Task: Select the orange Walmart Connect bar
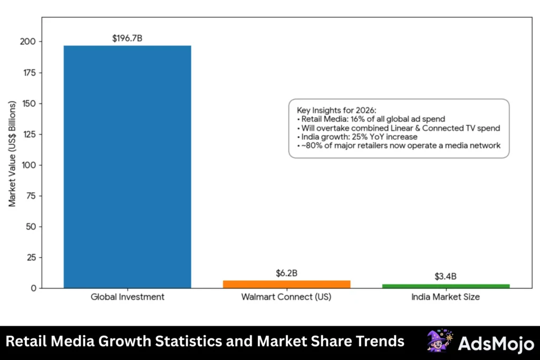click(x=286, y=284)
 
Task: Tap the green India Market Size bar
click(x=446, y=286)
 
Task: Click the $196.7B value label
click(x=127, y=38)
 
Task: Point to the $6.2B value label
click(x=286, y=273)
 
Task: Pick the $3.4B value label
click(x=446, y=276)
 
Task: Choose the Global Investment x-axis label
click(x=127, y=297)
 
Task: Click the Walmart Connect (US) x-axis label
click(x=286, y=297)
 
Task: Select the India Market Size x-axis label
click(x=446, y=297)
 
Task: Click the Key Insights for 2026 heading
click(x=336, y=110)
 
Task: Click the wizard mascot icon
click(x=439, y=341)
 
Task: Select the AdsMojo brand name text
click(x=496, y=343)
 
